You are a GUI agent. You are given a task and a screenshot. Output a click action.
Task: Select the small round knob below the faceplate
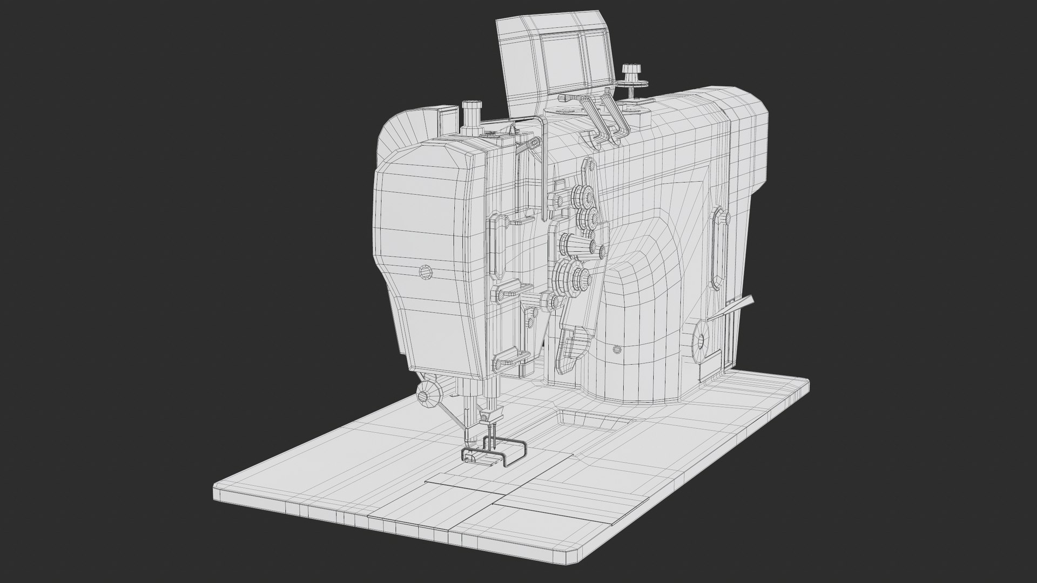pyautogui.click(x=428, y=396)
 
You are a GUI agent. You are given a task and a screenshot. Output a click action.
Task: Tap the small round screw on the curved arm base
pyautogui.click(x=617, y=350)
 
